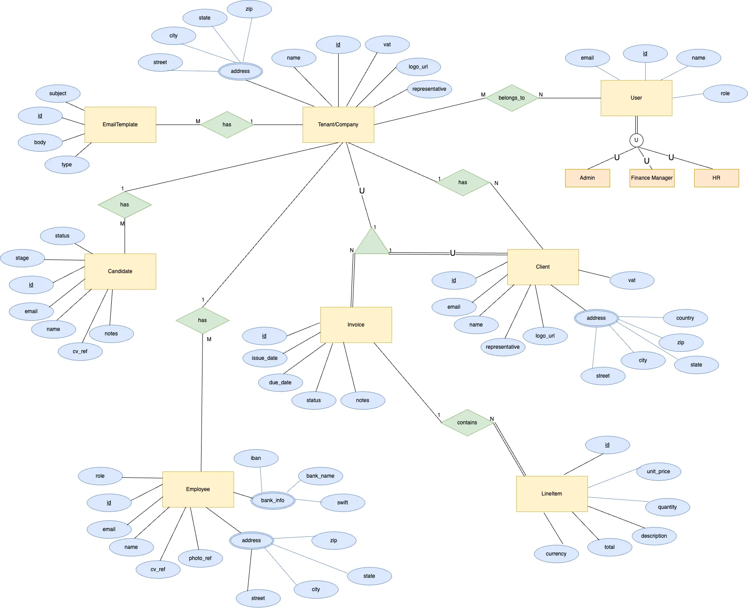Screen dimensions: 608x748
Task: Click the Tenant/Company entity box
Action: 338,125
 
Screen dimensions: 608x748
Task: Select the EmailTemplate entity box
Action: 120,125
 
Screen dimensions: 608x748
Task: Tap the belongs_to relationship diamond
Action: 512,98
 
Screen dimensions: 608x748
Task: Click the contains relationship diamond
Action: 467,423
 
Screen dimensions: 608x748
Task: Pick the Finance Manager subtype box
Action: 652,178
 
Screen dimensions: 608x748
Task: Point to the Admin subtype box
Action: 587,178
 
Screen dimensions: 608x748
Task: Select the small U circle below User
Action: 636,140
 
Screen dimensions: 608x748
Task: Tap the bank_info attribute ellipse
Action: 273,500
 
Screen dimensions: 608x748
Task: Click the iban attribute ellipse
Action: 256,458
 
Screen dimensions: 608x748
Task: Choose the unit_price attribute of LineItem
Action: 659,471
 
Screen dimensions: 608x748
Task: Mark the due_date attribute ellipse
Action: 280,383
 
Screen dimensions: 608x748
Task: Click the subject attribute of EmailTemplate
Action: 58,93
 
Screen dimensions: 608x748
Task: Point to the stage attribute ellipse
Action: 22,258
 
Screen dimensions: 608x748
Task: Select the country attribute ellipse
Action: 685,318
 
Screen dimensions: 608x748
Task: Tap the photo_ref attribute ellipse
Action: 200,558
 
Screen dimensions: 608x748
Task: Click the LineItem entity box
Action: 552,494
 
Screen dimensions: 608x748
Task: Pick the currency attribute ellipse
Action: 556,554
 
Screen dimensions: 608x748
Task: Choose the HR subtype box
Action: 716,178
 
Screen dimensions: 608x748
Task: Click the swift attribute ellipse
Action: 343,503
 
